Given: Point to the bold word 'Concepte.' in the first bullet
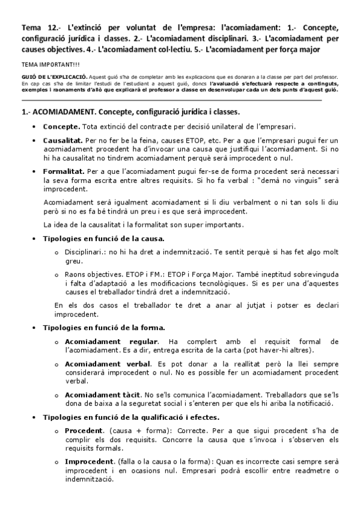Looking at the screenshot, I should [x=61, y=127].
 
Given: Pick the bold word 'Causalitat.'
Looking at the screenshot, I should [x=63, y=140].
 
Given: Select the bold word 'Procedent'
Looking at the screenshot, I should [x=85, y=431].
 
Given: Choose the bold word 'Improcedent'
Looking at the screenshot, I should [x=90, y=460].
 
